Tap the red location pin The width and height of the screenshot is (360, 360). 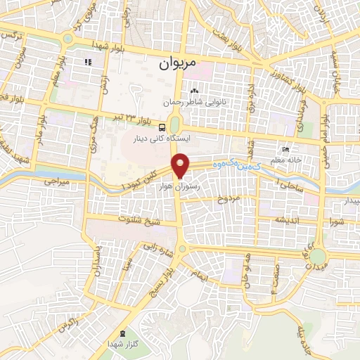click(x=181, y=165)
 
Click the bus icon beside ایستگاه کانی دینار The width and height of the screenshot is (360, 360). click(x=162, y=127)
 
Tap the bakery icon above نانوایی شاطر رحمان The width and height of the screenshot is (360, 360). click(x=195, y=91)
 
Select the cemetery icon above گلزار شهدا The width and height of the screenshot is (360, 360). click(x=124, y=333)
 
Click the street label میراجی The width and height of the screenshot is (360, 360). click(x=39, y=181)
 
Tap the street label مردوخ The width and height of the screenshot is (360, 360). click(x=229, y=199)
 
